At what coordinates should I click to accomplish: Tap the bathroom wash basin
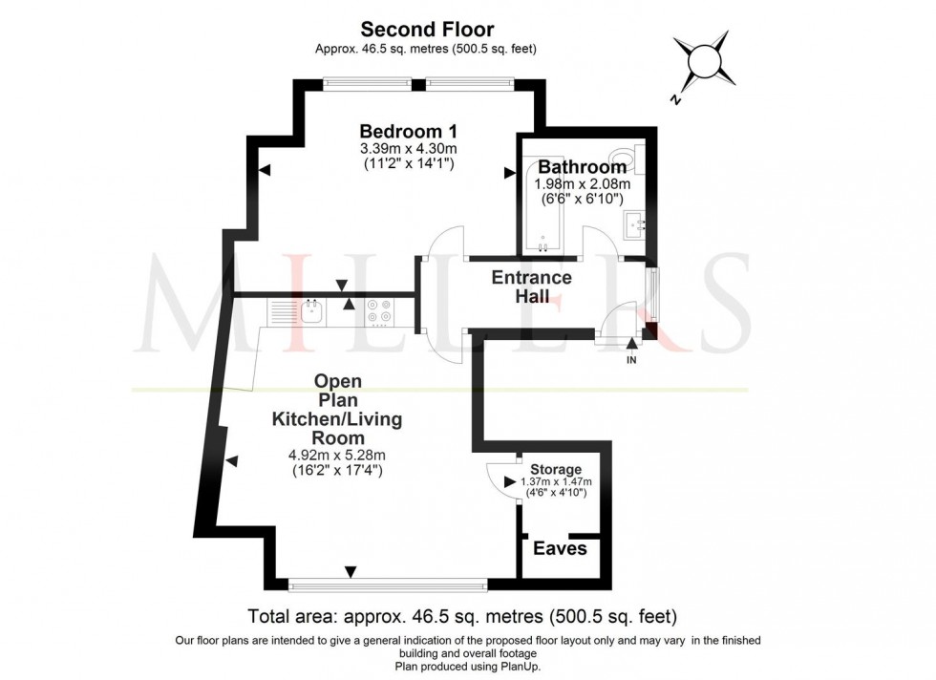point(635,225)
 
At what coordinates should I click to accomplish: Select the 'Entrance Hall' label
point(531,287)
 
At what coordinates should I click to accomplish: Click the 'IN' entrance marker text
point(630,360)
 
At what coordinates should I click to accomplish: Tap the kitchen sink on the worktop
point(311,310)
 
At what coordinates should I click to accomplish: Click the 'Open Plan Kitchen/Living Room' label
point(337,409)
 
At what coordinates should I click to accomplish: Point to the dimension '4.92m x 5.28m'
point(337,455)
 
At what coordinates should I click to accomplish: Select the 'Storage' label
point(556,469)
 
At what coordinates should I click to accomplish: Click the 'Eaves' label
point(560,549)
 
